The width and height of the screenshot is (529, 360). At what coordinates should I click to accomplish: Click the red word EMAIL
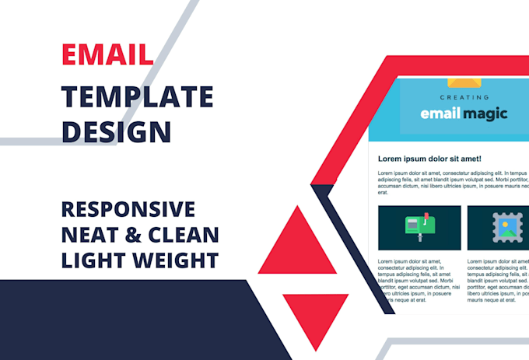tap(107, 55)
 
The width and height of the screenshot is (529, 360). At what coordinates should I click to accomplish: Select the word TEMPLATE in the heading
tap(138, 96)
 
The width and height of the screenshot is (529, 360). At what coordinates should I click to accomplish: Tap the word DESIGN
tap(117, 131)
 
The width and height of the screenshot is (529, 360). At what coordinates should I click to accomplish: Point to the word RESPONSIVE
tap(128, 209)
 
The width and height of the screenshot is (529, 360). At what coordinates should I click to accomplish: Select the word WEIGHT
tap(180, 258)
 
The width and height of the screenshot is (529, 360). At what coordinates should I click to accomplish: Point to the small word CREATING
tap(464, 98)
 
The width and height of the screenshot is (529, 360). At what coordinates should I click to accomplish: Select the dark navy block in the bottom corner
tap(117, 319)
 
